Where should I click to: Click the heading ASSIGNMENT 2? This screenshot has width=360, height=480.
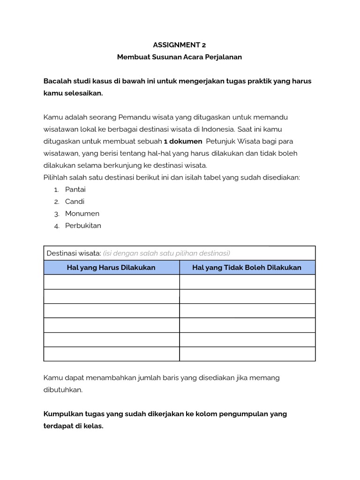(180, 45)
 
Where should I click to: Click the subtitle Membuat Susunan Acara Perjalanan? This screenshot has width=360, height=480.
(180, 57)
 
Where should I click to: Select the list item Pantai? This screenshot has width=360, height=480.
(75, 189)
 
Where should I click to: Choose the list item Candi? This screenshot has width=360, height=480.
(75, 202)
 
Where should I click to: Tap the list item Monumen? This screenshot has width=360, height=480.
(82, 213)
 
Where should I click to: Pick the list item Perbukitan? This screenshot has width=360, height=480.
(83, 225)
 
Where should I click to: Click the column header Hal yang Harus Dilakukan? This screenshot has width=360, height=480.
(112, 267)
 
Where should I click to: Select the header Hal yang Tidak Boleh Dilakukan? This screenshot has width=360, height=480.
(247, 267)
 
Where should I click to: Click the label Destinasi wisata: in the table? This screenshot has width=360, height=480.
(74, 253)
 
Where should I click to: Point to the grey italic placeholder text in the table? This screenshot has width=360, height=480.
(166, 253)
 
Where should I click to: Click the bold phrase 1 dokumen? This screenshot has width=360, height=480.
(183, 141)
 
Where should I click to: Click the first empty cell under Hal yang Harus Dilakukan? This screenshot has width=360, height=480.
(112, 282)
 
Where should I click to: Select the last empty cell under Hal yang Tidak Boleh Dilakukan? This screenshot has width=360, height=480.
(247, 354)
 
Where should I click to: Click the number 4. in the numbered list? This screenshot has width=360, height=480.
(56, 226)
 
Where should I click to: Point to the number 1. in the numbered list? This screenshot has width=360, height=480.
(56, 190)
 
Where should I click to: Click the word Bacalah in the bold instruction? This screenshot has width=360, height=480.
(58, 81)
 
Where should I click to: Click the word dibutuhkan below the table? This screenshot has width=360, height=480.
(63, 390)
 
